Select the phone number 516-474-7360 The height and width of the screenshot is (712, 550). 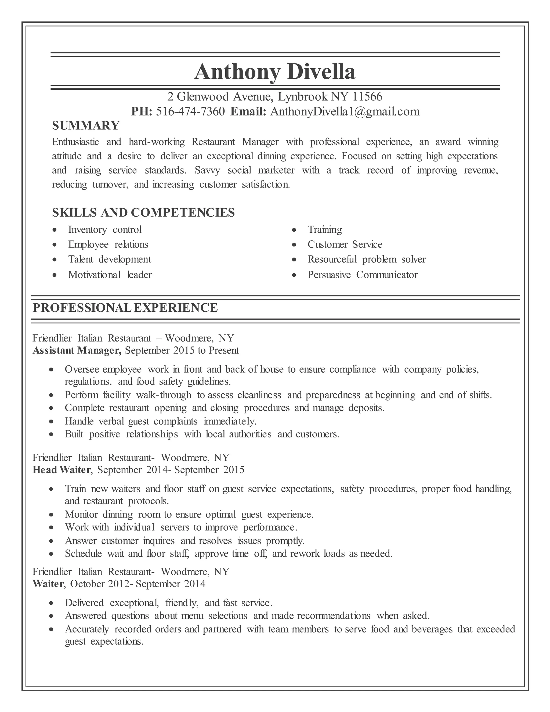pos(190,112)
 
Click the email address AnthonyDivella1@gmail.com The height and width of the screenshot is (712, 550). pos(345,112)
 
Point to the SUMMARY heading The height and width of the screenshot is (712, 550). pos(86,125)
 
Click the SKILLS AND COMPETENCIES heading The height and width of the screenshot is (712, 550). pos(143,213)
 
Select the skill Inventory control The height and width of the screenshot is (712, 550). pos(105,229)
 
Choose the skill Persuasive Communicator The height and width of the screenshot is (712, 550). pos(362,275)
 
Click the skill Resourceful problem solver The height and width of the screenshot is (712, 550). pos(367,259)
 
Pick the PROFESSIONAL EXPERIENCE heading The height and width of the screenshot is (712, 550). pos(125,308)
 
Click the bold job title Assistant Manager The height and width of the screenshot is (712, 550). pos(77,350)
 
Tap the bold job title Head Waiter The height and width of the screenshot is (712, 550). pos(61,470)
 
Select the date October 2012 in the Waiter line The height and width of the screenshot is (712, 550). pos(100,584)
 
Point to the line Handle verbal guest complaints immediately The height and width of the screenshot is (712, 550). pos(161,421)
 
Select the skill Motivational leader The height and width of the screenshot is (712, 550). pos(110,275)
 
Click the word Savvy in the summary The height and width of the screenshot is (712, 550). pos(207,170)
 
